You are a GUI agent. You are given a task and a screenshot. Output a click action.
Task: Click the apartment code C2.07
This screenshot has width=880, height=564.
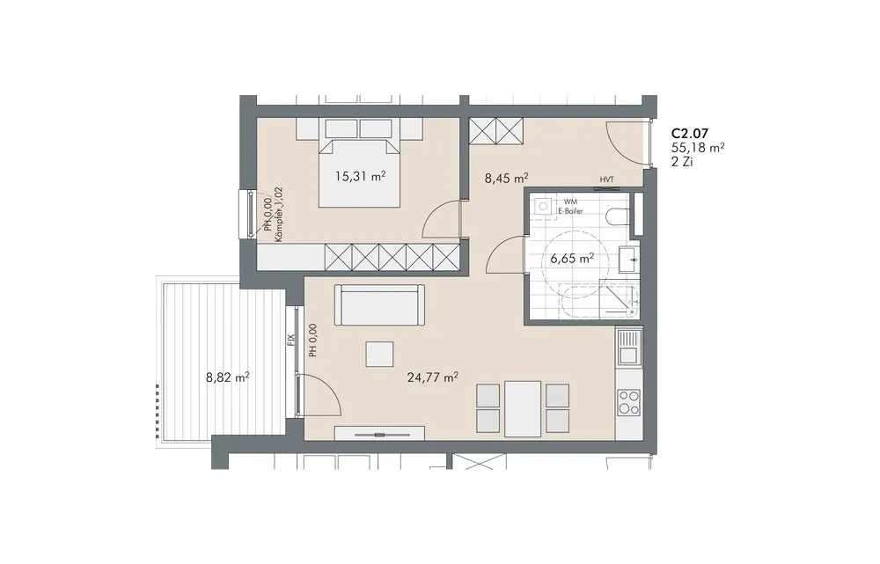[x=690, y=134]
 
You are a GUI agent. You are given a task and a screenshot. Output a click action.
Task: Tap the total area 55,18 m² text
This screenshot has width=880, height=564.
[x=698, y=148]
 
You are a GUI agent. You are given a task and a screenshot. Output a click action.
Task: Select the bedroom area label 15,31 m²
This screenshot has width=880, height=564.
[x=360, y=176]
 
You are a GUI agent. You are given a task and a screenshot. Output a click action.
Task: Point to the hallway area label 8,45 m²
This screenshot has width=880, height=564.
[x=506, y=179]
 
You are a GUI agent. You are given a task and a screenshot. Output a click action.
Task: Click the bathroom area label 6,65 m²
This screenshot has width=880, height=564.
[x=572, y=259]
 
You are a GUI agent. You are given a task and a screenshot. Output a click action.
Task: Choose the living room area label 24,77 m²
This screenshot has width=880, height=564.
[x=433, y=377]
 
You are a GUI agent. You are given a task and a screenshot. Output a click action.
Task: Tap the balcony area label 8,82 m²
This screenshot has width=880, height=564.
[x=228, y=377]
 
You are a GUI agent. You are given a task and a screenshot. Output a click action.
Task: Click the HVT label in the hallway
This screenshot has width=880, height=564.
[x=606, y=179]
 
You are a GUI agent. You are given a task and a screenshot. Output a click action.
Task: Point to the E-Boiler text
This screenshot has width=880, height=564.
[x=570, y=211]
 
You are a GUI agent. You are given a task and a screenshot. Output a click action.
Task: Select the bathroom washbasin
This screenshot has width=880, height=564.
[x=628, y=260]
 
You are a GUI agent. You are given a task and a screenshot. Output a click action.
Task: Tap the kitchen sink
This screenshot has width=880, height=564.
[x=628, y=347]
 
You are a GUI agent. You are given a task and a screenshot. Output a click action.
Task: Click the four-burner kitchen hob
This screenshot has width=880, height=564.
[x=628, y=402]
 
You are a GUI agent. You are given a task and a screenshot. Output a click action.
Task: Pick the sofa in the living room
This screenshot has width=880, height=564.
[x=379, y=304]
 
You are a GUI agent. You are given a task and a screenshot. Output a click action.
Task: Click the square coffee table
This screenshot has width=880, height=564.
[x=379, y=354]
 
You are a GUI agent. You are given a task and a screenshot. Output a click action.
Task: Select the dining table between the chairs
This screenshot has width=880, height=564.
[x=523, y=408]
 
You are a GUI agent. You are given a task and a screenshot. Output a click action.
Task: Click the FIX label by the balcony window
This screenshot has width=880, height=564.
[x=290, y=340]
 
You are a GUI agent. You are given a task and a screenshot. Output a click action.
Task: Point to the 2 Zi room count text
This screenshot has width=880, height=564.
[x=683, y=162]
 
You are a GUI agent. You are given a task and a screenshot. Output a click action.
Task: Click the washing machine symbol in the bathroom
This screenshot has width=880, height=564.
[x=543, y=207]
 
